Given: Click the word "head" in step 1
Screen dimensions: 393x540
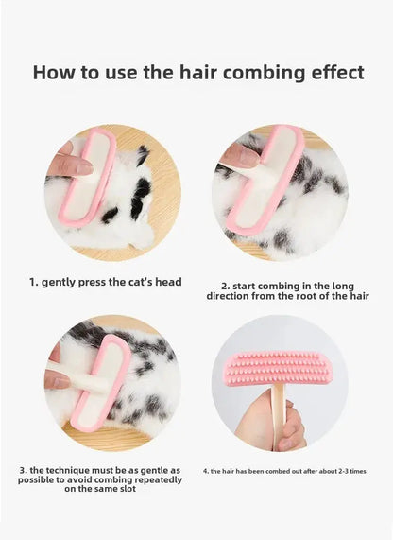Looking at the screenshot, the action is (168, 282).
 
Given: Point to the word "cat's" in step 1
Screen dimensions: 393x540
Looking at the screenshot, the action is (141, 282).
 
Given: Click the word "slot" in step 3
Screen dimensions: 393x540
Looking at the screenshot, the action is (128, 488).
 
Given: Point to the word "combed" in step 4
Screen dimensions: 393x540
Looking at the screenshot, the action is (278, 471).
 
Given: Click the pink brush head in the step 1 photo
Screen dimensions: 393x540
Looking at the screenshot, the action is (87, 176).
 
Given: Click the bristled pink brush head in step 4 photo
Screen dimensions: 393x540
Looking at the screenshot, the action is (278, 369).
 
